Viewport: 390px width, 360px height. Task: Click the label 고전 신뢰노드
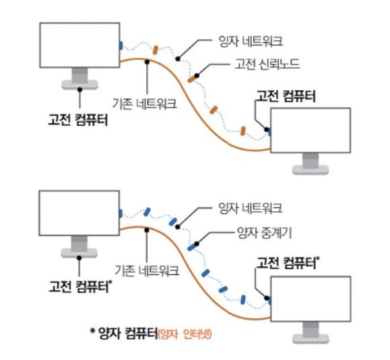[267, 64]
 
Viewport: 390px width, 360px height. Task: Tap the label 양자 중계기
[265, 233]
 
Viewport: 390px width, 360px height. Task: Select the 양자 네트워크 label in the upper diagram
[251, 41]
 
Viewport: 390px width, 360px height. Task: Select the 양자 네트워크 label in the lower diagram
[250, 208]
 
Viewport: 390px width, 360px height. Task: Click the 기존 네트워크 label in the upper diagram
[145, 103]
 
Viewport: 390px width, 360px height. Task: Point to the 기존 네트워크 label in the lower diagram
[147, 270]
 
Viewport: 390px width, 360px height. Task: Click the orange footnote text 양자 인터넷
[185, 334]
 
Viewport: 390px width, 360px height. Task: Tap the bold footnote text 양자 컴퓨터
[128, 333]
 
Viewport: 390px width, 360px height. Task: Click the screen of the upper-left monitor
[80, 45]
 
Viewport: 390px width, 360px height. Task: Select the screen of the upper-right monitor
[311, 130]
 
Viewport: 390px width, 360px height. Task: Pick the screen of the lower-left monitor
[79, 213]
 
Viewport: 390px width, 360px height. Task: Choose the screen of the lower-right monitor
[311, 299]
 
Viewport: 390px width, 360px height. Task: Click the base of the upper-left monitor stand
[80, 85]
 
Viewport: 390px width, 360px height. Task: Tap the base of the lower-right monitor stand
[311, 338]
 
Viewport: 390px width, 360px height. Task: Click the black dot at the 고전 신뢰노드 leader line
[197, 75]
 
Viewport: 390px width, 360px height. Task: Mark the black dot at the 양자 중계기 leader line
[197, 244]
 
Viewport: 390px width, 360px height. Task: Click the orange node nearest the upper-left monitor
[155, 50]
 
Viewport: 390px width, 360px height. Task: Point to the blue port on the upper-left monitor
[121, 46]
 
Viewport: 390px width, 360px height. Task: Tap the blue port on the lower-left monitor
[121, 213]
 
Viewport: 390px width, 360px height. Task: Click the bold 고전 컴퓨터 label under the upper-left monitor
[78, 120]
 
